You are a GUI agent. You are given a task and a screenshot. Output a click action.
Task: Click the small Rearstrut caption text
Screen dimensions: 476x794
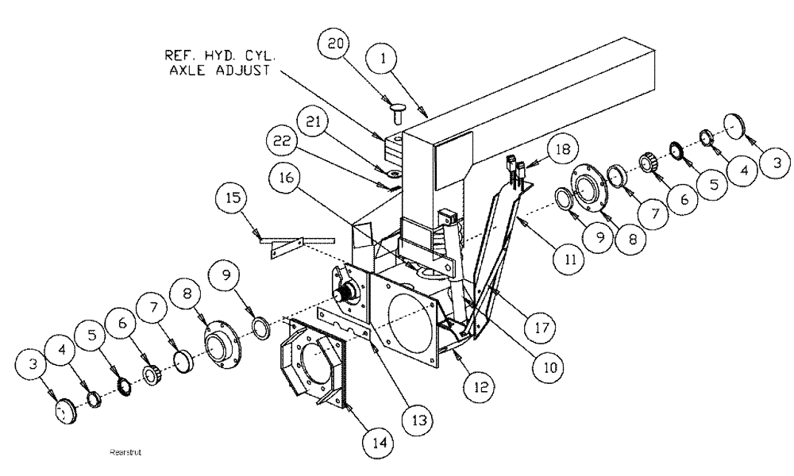tap(128, 453)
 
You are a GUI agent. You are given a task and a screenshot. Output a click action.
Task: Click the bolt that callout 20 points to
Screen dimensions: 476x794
tap(398, 112)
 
